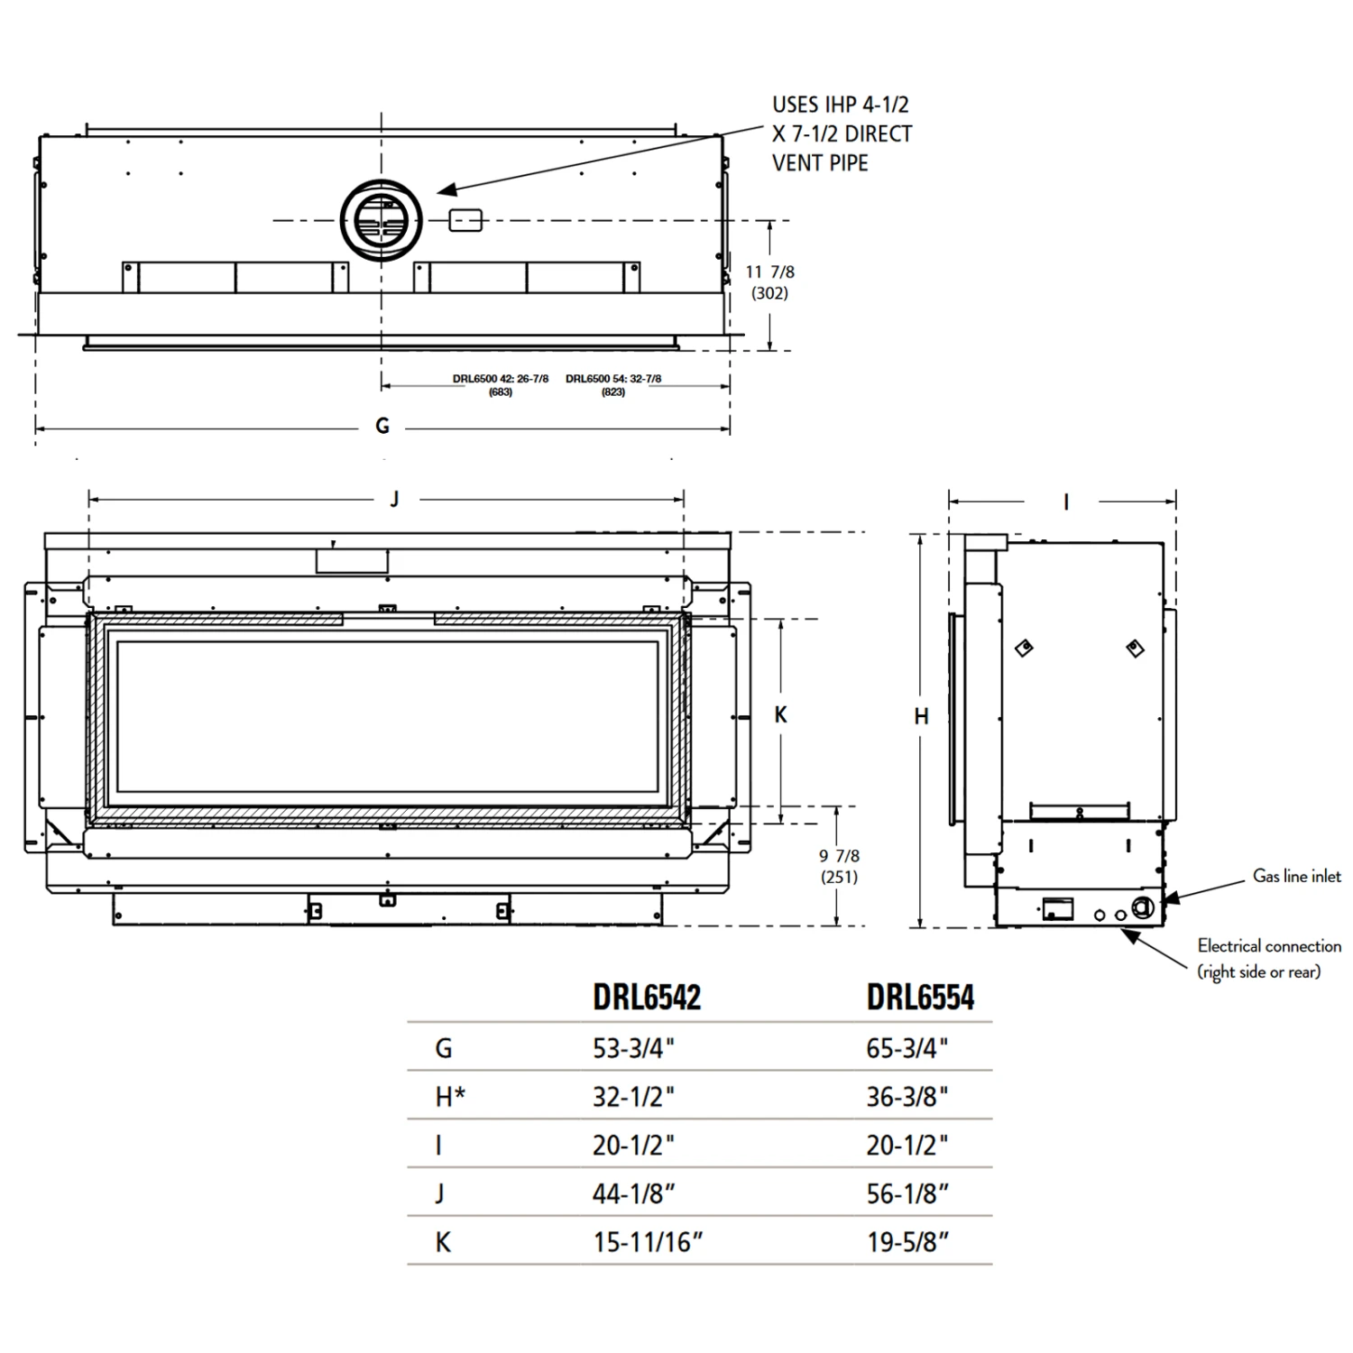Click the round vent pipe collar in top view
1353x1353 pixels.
point(381,220)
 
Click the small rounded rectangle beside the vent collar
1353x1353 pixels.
point(465,220)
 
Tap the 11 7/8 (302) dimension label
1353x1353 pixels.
point(769,281)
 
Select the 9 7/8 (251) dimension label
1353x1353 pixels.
point(839,866)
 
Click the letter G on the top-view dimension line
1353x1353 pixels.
point(382,426)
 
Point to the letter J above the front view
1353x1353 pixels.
point(394,499)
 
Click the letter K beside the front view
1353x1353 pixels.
point(781,715)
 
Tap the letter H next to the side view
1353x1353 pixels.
point(921,717)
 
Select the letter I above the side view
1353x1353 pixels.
point(1066,502)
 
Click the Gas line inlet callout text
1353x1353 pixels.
point(1296,876)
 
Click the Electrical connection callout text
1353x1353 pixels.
point(1267,958)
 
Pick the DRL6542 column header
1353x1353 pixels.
point(647,997)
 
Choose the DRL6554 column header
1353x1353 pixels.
point(920,997)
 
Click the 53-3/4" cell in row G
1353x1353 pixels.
point(633,1048)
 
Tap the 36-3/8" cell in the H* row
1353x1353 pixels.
point(907,1097)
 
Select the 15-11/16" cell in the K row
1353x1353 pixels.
point(647,1242)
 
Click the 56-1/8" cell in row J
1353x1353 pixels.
point(907,1193)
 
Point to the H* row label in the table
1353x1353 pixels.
point(450,1097)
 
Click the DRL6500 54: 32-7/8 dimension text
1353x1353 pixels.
point(613,384)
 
